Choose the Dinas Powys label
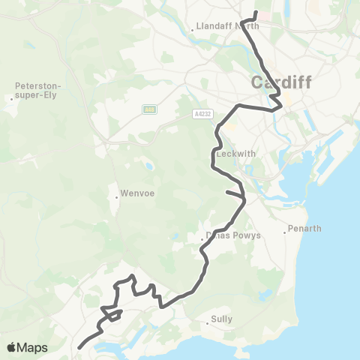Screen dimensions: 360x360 [234, 235]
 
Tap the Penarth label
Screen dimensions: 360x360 [306, 228]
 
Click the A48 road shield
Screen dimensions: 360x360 [149, 110]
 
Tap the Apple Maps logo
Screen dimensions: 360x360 [27, 347]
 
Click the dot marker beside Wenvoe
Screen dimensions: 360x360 [117, 198]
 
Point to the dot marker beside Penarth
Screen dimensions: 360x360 [286, 232]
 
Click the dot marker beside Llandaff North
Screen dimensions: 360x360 [193, 29]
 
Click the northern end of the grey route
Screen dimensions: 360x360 [256, 12]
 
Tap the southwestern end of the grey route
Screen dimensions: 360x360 [80, 346]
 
